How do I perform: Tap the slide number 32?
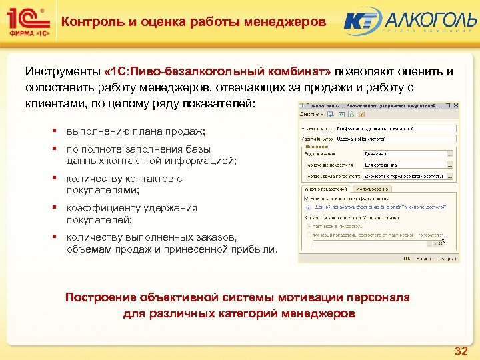pyautogui.click(x=460, y=351)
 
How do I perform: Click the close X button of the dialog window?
pyautogui.click(x=455, y=106)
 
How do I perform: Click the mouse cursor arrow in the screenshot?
pyautogui.click(x=442, y=238)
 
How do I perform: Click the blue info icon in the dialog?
pyautogui.click(x=306, y=207)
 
